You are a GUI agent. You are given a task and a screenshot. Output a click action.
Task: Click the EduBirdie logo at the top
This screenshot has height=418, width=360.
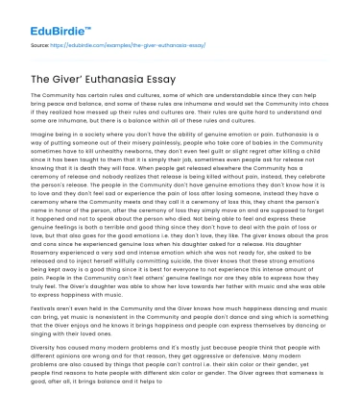coord(47,17)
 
